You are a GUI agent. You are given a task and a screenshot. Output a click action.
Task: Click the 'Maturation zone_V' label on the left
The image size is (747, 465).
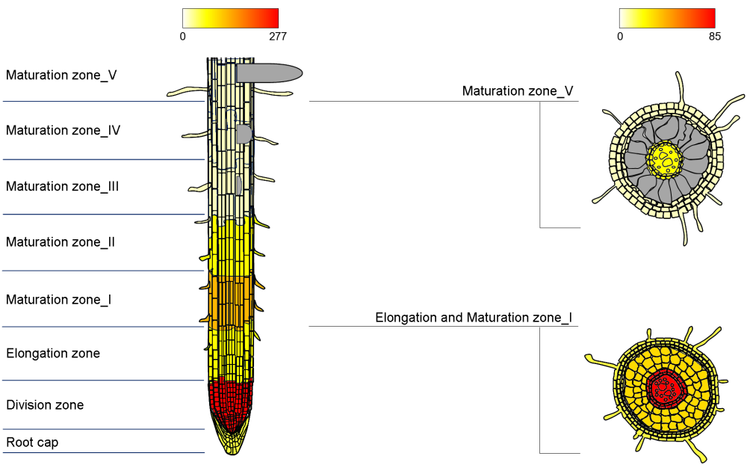61,76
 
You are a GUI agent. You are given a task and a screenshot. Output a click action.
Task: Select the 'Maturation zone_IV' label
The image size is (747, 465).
63,131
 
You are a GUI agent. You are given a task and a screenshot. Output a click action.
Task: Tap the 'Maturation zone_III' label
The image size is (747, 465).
63,187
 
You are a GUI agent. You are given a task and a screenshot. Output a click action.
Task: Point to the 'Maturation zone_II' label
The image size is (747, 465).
61,242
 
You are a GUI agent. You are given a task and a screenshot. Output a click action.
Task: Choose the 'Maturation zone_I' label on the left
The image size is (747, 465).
59,300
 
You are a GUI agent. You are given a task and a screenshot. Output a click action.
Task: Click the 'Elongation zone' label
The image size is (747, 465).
53,354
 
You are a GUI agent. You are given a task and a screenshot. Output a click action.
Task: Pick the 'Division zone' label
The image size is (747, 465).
45,405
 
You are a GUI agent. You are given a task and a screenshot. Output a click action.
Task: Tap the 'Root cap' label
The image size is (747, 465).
32,443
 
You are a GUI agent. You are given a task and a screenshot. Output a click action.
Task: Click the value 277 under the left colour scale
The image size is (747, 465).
276,36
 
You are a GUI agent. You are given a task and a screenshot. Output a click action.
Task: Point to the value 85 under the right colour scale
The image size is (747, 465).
713,36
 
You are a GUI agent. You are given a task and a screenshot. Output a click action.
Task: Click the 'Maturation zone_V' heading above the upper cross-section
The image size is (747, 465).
518,91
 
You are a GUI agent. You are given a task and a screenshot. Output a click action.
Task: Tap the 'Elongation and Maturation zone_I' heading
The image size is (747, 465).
474,318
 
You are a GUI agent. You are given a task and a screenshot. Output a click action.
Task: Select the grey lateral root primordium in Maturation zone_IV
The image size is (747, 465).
244,134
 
